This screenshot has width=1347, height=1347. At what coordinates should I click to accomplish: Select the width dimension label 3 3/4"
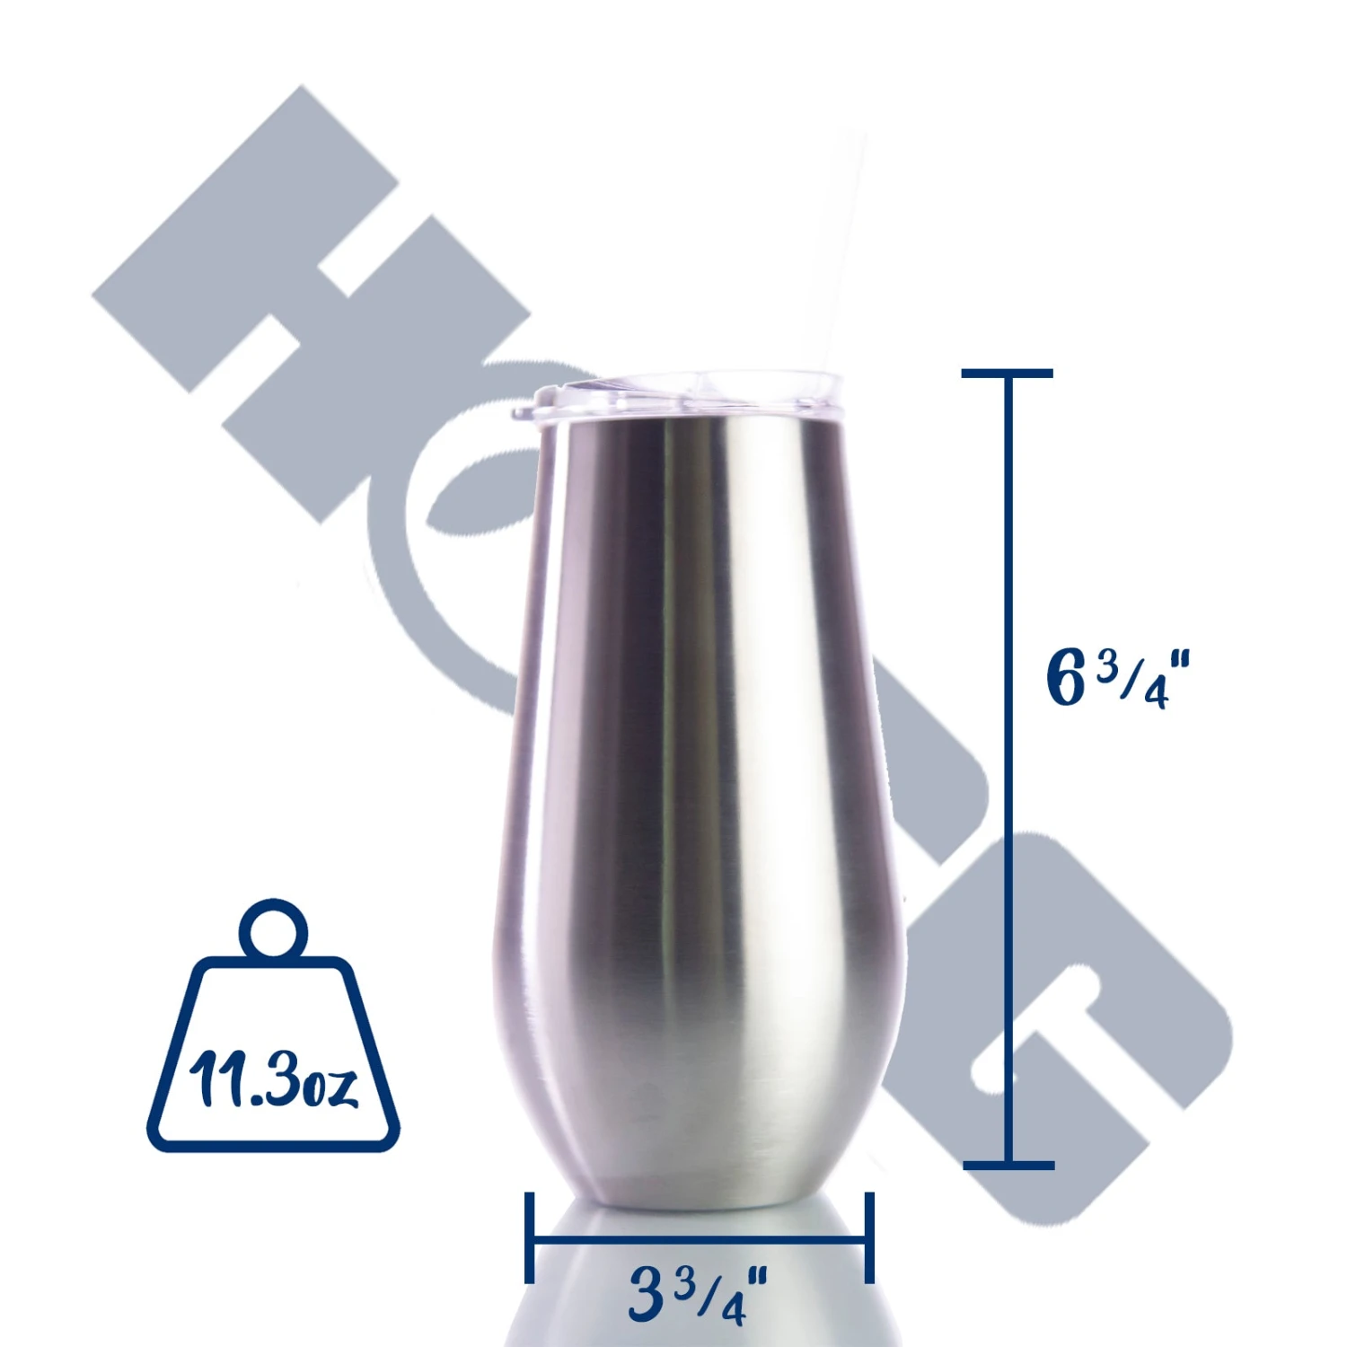click(x=698, y=1294)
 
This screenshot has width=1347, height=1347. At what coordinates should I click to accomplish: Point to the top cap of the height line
click(x=1007, y=373)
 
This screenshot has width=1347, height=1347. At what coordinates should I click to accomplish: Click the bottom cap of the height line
click(x=1008, y=1165)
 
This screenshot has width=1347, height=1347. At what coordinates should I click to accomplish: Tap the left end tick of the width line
click(x=530, y=1237)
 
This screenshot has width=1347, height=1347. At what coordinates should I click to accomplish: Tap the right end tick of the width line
click(x=869, y=1237)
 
